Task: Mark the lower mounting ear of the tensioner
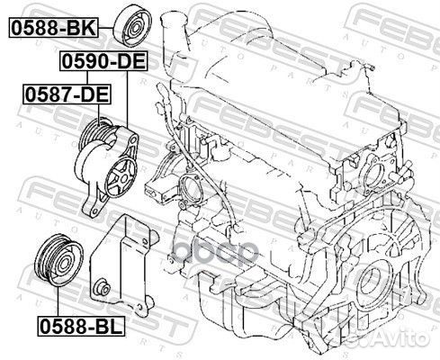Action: point(93,209)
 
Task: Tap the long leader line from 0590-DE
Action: point(127,99)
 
